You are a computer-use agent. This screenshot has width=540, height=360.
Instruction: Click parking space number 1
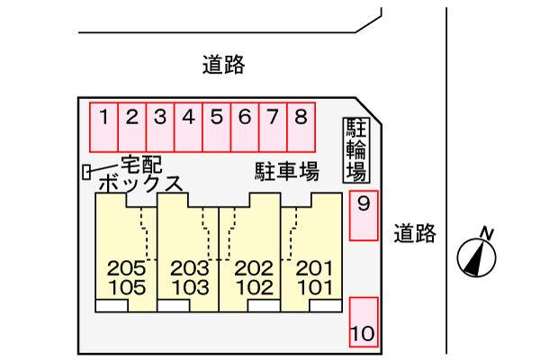tap(103, 127)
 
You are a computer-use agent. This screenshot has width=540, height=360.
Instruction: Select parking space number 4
tap(188, 127)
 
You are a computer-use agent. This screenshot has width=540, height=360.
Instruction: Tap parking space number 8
tap(301, 127)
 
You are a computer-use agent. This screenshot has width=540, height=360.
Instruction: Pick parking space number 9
tap(364, 215)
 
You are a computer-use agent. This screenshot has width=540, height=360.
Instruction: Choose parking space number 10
tap(364, 322)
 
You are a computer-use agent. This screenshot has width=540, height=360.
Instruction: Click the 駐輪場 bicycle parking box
tap(356, 150)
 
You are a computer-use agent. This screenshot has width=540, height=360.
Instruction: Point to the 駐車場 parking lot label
tap(287, 172)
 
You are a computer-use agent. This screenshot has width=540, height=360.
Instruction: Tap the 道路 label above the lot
tap(223, 65)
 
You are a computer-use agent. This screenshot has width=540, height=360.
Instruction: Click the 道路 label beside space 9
tap(415, 234)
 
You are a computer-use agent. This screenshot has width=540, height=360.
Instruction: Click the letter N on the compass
tap(487, 234)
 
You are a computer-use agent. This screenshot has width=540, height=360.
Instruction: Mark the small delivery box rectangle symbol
tap(86, 172)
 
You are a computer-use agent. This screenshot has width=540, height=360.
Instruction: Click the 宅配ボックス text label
tap(140, 174)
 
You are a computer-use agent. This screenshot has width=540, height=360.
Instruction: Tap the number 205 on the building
tap(126, 268)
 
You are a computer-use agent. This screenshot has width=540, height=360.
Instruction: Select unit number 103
tap(190, 288)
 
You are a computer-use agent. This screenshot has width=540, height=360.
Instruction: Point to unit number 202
tap(254, 268)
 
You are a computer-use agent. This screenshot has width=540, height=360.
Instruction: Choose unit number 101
tap(315, 288)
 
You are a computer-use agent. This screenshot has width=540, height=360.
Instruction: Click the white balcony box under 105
tap(112, 306)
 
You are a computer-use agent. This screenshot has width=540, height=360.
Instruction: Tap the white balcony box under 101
tap(326, 306)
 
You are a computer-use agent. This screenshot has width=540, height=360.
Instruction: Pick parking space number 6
tap(245, 127)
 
